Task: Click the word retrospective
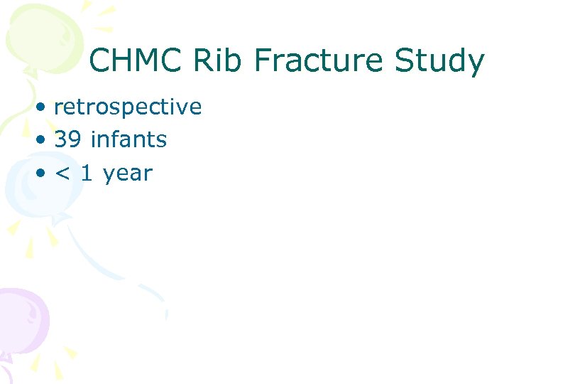[x=128, y=107]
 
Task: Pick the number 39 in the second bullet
[x=67, y=140]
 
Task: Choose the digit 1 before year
[x=87, y=173]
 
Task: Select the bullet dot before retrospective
[x=44, y=108]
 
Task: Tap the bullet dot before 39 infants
[x=44, y=141]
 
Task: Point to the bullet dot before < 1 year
[x=44, y=174]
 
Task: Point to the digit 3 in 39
[x=60, y=140]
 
